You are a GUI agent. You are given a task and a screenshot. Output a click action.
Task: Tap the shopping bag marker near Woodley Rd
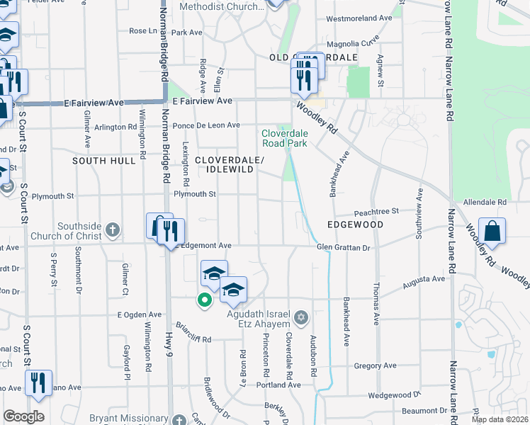[492, 232]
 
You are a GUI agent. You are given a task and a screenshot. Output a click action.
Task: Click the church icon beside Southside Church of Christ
[112, 229]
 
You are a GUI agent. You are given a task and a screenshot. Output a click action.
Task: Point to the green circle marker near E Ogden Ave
[205, 300]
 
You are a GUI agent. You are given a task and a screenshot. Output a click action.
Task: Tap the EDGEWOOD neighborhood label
[355, 225]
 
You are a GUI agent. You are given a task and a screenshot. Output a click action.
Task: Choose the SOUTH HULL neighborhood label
[103, 161]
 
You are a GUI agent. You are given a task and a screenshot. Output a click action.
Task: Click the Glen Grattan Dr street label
[344, 247]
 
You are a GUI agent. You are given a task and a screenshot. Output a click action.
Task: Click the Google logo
[23, 416]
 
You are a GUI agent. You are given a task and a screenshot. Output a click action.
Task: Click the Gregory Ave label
[375, 365]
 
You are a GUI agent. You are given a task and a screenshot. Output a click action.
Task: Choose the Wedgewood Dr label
[395, 394]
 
